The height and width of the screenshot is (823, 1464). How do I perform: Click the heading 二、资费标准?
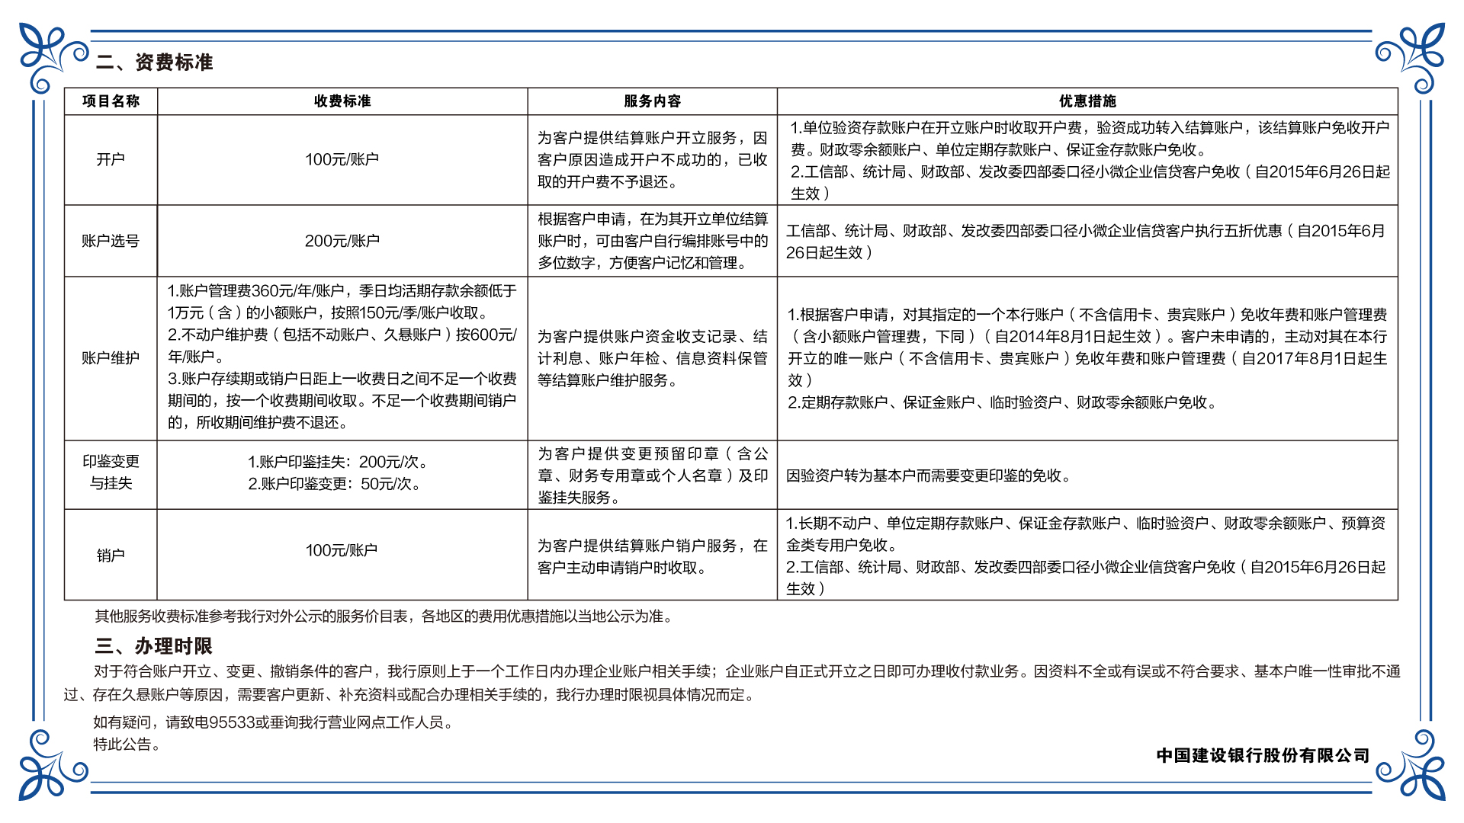tap(155, 62)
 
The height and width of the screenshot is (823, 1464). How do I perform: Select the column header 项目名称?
tap(111, 101)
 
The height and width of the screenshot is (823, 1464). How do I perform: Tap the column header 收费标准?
tap(342, 101)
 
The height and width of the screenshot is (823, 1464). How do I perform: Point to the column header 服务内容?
tap(652, 101)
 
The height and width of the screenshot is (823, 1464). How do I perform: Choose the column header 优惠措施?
tap(1087, 101)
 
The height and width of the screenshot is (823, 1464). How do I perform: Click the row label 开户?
tap(111, 159)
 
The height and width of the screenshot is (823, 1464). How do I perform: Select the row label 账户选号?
tap(111, 241)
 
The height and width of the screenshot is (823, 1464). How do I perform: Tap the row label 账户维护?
tap(111, 357)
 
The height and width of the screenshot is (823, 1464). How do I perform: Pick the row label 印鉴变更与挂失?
tap(111, 472)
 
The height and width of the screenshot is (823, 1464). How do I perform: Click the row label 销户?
tap(111, 555)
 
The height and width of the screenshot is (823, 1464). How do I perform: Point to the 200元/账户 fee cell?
tap(342, 241)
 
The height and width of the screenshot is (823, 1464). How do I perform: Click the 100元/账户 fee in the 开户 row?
tap(342, 159)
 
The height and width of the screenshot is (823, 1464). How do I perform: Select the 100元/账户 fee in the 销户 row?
tap(342, 550)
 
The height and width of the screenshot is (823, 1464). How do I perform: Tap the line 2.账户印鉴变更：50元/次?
tap(334, 484)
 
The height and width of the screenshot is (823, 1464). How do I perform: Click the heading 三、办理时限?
tap(154, 646)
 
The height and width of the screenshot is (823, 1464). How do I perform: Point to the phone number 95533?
tap(232, 722)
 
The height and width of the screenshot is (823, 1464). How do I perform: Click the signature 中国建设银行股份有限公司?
tap(1263, 755)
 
